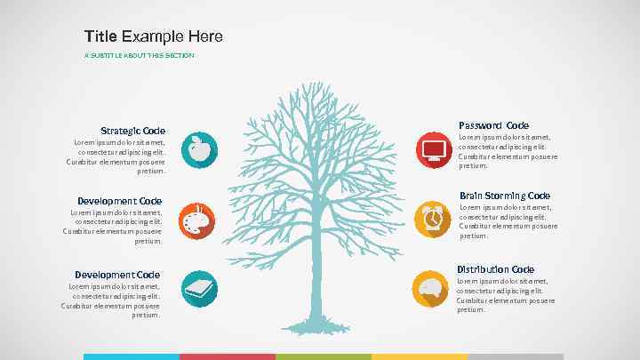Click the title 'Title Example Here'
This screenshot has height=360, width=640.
153,36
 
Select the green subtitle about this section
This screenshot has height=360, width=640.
139,56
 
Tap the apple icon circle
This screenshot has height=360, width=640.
200,149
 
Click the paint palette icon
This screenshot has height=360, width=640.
196,220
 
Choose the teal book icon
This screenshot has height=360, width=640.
199,288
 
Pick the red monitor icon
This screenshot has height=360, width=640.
434,148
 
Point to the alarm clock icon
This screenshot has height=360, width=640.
433,218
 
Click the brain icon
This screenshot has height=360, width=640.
430,288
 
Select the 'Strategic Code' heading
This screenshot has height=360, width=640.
132,131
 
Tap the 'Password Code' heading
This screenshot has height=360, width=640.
493,125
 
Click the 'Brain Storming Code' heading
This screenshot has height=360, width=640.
504,196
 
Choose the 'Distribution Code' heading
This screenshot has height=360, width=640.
495,269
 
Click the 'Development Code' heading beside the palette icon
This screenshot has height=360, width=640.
119,201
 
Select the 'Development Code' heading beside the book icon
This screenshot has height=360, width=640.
117,275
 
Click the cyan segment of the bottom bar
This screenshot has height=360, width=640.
132,356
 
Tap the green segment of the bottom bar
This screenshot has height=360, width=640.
323,356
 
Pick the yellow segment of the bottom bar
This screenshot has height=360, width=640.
419,356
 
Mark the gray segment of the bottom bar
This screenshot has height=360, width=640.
515,356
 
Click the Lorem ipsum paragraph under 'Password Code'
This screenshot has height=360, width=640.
508,151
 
